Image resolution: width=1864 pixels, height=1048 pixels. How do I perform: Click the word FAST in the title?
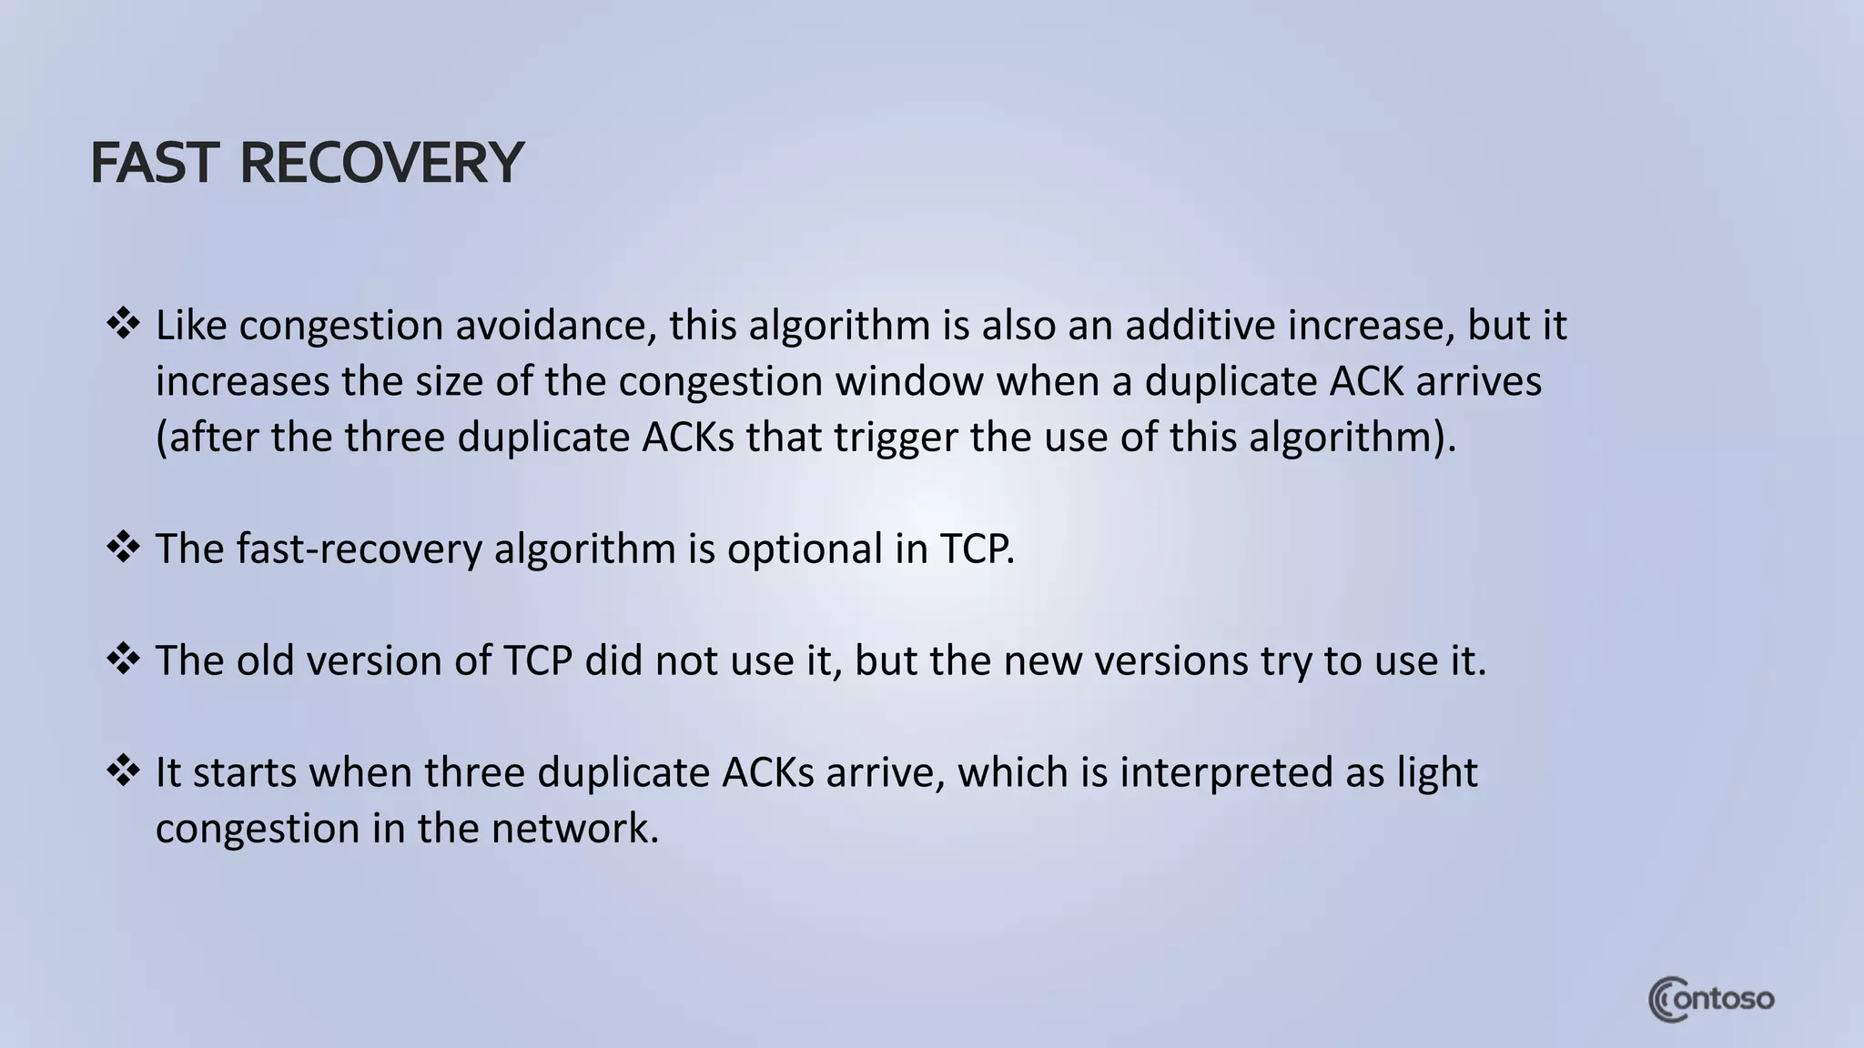pos(155,164)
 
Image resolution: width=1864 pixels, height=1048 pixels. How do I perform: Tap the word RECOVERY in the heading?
pos(381,164)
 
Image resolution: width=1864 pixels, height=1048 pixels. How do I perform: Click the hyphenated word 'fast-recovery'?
pos(359,549)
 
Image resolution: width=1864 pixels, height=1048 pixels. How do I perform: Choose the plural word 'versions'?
pos(1170,660)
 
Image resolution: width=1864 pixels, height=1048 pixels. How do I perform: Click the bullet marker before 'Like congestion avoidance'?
pos(123,324)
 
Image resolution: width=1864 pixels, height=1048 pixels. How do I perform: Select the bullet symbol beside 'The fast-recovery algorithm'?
pos(123,547)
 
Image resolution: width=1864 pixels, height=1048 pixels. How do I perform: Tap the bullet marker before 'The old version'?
pos(123,659)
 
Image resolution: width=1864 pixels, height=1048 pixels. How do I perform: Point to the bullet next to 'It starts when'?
pos(123,771)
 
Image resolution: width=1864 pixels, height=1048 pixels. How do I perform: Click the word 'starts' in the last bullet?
pos(244,772)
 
